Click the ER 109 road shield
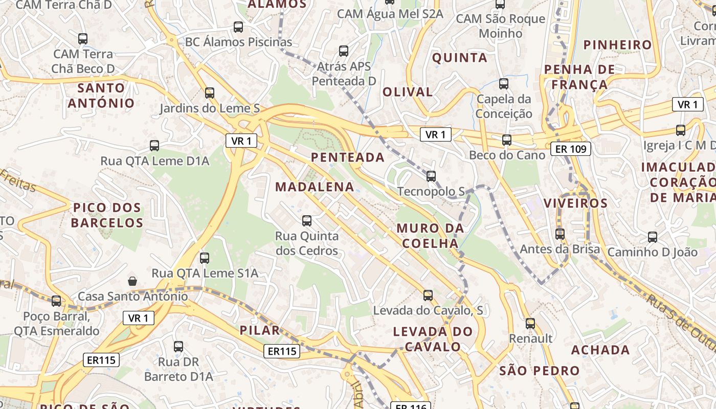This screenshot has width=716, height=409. (x=571, y=149)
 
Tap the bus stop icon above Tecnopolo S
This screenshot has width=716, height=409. (x=431, y=176)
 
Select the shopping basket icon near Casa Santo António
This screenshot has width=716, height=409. (x=132, y=281)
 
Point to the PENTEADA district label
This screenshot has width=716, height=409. (x=348, y=157)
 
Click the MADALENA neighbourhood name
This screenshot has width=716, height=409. (x=315, y=187)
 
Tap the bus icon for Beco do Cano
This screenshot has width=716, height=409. (x=506, y=140)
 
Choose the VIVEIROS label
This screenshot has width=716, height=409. (x=575, y=203)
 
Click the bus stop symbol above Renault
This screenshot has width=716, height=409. (x=530, y=323)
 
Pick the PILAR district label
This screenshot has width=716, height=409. (x=260, y=330)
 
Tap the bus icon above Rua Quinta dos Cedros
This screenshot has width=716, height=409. (x=307, y=220)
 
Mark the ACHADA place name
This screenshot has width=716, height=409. (x=600, y=350)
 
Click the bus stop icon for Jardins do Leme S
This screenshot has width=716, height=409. (x=210, y=93)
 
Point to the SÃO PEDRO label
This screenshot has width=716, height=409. (x=539, y=371)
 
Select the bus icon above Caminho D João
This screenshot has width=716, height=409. (x=652, y=237)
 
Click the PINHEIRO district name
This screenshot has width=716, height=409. (x=618, y=44)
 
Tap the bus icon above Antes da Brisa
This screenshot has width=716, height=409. (x=560, y=234)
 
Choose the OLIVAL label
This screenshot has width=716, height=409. (x=408, y=92)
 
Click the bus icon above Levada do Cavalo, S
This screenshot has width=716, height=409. (x=428, y=295)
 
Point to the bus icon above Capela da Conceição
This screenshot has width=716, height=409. (x=504, y=83)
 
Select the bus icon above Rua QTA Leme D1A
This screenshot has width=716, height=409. (x=154, y=145)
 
